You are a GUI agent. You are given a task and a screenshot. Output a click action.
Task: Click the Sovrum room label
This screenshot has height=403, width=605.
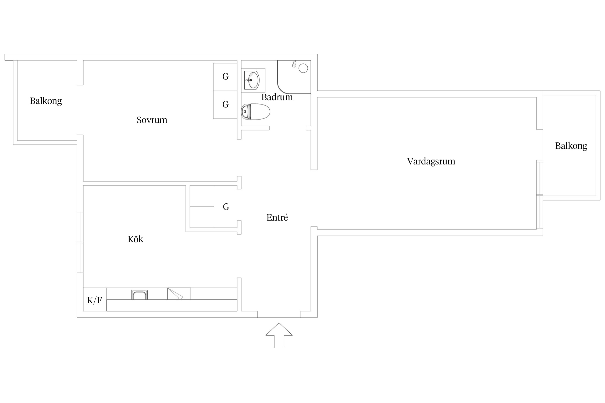(152, 120)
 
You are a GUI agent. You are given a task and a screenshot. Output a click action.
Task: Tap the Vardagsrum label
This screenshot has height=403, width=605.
(431, 161)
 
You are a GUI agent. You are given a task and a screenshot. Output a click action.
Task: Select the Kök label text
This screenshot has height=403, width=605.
(136, 239)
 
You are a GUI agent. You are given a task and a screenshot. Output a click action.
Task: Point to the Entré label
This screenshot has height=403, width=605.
(277, 217)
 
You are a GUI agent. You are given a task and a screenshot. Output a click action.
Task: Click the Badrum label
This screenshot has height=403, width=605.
(277, 97)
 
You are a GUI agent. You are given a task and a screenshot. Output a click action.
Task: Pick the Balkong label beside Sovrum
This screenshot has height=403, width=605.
(46, 101)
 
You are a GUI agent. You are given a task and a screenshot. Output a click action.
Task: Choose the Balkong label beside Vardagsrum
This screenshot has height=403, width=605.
(571, 146)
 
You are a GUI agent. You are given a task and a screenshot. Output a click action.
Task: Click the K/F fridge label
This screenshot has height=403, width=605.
(94, 300)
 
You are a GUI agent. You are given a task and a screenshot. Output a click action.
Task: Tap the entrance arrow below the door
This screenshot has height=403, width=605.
(279, 335)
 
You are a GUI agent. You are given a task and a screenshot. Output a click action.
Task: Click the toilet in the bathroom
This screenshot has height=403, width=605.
(255, 112)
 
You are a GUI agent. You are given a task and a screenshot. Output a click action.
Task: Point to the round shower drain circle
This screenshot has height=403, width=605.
(303, 68)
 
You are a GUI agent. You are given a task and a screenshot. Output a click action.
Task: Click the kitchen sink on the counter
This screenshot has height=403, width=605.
(139, 295)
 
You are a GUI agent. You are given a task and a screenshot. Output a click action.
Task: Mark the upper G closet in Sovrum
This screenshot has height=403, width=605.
(225, 77)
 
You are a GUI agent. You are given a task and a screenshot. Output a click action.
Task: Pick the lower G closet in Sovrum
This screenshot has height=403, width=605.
(225, 105)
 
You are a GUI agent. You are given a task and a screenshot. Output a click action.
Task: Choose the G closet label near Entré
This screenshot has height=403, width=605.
(226, 207)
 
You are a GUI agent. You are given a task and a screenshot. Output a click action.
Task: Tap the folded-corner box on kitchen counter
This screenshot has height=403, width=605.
(179, 294)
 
